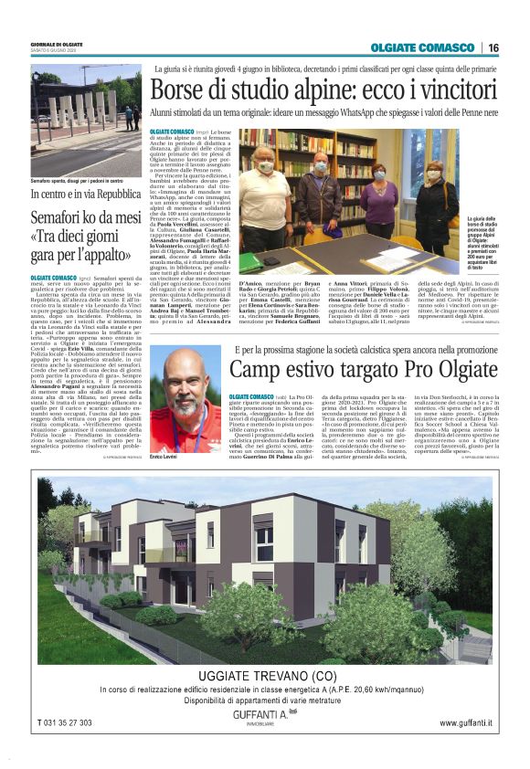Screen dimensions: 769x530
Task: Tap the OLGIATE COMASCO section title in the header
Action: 423,47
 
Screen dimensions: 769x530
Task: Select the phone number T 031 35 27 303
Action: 78,723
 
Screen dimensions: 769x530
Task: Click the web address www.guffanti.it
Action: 465,723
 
